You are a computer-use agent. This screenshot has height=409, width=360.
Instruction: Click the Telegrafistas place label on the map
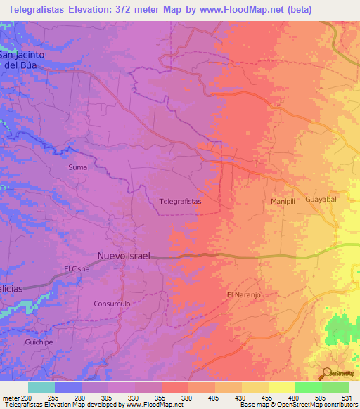click(x=181, y=201)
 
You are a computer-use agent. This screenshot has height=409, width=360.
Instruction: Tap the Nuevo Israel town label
click(x=124, y=256)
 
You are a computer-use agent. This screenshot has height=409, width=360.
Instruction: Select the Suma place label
click(x=77, y=167)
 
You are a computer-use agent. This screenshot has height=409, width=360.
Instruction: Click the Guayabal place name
click(x=322, y=200)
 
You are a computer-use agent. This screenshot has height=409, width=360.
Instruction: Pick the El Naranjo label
click(x=244, y=295)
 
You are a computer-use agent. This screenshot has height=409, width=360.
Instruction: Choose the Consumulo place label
click(x=112, y=304)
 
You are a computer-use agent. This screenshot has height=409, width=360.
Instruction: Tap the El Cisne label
click(x=76, y=268)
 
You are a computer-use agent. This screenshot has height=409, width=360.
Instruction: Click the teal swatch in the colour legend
click(x=41, y=387)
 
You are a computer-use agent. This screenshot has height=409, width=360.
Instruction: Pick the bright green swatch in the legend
click(x=309, y=387)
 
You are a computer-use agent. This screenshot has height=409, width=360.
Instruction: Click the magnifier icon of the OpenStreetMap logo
click(x=326, y=372)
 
